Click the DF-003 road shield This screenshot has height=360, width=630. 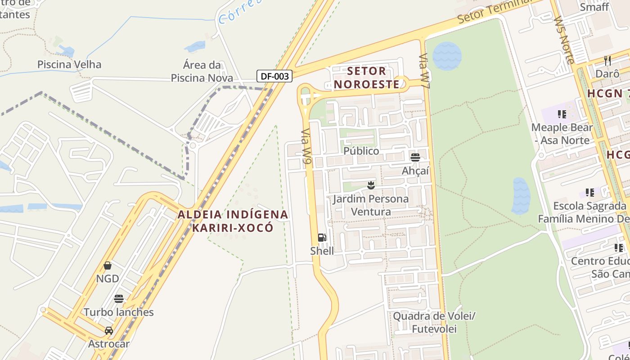(x=274, y=76)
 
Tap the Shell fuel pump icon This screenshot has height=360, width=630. (x=322, y=238)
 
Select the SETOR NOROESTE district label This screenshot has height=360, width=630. (x=367, y=77)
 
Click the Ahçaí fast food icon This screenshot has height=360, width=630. (x=415, y=157)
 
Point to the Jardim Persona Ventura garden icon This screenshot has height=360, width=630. (x=371, y=185)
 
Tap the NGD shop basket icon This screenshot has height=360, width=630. (x=108, y=265)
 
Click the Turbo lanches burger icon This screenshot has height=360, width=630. (x=119, y=299)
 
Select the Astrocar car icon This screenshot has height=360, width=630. (x=108, y=331)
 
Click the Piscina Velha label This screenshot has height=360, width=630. (x=69, y=64)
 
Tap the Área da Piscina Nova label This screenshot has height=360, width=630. (x=202, y=71)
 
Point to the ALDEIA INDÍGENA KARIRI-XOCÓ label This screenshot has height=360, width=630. (x=233, y=220)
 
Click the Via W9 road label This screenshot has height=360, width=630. (x=306, y=148)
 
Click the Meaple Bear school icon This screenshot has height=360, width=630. (x=562, y=114)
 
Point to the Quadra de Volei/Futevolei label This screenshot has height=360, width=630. (x=434, y=322)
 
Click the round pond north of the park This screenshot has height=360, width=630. (x=447, y=56)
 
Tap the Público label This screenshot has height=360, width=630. (x=361, y=151)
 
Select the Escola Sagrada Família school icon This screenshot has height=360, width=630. (x=589, y=193)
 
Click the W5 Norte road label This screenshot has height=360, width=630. (x=564, y=40)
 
